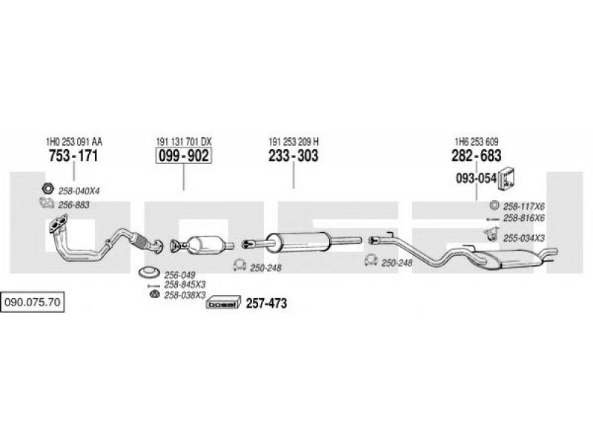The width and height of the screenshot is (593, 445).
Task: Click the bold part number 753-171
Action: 73,156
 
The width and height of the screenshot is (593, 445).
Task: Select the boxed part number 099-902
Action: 184,156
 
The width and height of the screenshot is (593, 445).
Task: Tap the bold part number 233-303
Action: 294,156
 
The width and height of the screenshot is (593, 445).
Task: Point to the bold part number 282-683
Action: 477,156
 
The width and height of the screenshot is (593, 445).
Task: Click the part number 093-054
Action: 476,178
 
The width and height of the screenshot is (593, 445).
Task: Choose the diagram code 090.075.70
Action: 33,302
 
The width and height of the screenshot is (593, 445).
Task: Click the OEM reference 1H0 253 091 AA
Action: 73,142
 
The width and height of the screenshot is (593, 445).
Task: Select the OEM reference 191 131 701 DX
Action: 184,142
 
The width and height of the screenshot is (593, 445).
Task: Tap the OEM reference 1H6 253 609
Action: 477,142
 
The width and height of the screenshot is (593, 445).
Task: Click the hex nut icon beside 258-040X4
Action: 47,188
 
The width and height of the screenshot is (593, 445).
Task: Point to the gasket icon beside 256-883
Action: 47,203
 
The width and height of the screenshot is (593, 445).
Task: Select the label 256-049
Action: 179,274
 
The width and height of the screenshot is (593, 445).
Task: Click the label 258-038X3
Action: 185,295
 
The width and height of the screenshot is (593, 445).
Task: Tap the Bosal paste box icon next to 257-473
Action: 224,303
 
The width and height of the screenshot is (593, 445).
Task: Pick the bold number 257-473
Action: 267,303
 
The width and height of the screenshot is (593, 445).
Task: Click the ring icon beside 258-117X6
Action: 494,205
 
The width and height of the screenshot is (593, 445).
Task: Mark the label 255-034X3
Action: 524,238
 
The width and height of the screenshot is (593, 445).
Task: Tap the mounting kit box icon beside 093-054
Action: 507,178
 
